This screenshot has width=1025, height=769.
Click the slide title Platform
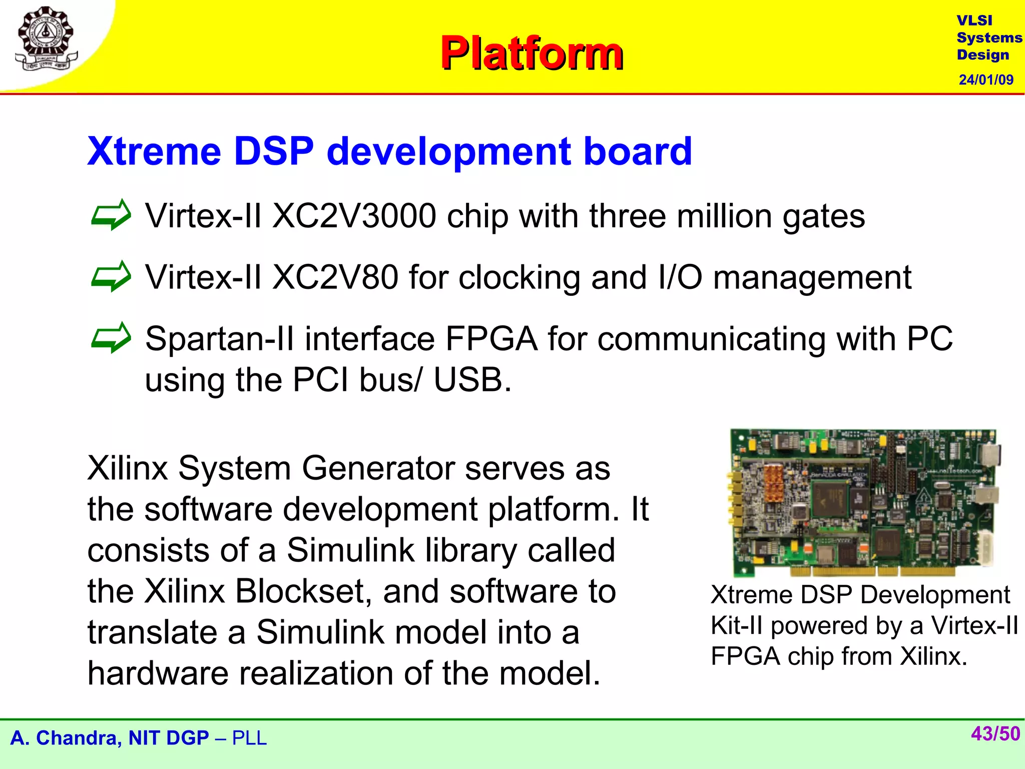[x=532, y=53]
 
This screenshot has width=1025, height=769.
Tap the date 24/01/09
[x=985, y=80]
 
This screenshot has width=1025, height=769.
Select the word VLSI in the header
[x=974, y=21]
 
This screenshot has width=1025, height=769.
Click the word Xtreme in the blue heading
[x=154, y=151]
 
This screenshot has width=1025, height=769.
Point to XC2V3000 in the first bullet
[x=354, y=216]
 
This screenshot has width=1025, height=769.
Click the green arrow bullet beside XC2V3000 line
[x=111, y=215]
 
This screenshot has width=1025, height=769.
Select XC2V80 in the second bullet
[x=335, y=277]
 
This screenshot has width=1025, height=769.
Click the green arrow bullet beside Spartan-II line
[x=111, y=338]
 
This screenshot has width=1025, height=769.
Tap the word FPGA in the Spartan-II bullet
[x=491, y=339]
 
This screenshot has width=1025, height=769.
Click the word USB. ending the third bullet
[x=472, y=380]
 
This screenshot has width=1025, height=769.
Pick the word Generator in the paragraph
[x=378, y=469]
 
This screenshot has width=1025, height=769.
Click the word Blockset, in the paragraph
[x=304, y=591]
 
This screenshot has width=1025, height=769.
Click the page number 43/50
[x=995, y=734]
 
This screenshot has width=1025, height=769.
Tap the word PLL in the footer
[x=249, y=738]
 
